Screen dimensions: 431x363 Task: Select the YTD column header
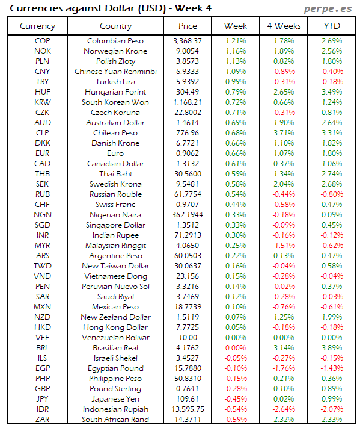tap(331, 26)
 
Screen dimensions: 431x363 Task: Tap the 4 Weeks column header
tap(283, 26)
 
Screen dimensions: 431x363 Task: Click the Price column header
tap(188, 26)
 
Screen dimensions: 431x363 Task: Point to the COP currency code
tap(43, 41)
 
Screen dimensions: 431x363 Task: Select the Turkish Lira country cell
tap(115, 82)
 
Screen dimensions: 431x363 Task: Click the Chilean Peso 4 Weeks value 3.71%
tap(283, 133)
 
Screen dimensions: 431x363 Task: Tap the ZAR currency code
tap(43, 420)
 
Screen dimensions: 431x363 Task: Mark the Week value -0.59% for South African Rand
tap(235, 420)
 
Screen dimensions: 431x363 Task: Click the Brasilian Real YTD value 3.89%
tap(331, 348)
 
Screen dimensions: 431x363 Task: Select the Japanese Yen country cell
tap(115, 399)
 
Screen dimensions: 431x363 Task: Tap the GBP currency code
tap(43, 389)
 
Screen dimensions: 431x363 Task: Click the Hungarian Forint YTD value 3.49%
tap(331, 92)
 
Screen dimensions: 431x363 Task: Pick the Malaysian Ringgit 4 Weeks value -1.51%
tap(283, 246)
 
